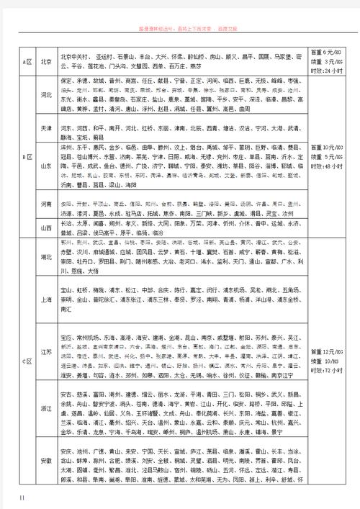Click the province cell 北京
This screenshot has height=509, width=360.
pyautogui.click(x=47, y=61)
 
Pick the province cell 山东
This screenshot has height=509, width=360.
pyautogui.click(x=47, y=166)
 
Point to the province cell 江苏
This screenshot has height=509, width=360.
pyautogui.click(x=47, y=352)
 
